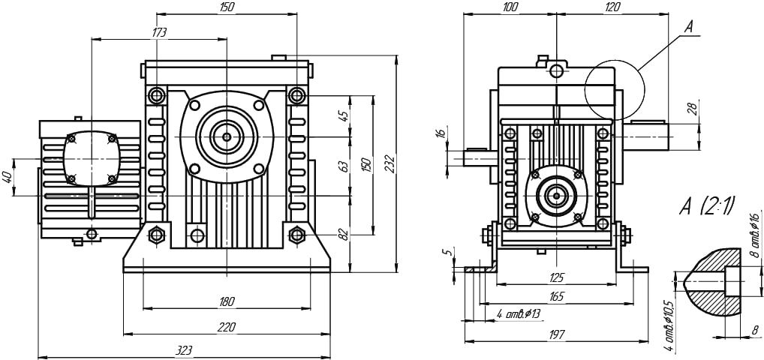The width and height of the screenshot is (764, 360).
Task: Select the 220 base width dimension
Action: (227, 327)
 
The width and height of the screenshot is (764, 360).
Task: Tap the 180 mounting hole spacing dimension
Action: (227, 301)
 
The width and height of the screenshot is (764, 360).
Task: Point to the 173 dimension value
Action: (158, 32)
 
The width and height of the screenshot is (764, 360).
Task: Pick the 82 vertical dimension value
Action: (344, 235)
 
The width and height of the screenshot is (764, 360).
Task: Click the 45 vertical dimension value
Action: (344, 116)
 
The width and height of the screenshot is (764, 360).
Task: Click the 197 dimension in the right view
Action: (556, 335)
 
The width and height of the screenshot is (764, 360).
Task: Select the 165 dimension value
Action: (556, 297)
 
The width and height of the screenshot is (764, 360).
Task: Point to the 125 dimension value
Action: (556, 277)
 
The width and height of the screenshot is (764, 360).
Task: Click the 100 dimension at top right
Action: (510, 7)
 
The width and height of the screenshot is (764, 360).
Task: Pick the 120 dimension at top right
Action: (612, 7)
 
